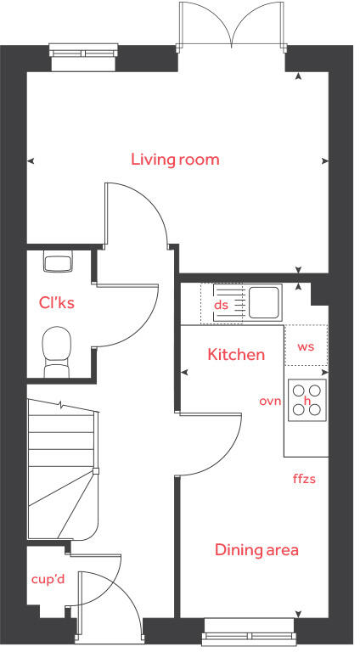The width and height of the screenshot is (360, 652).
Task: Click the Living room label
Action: (175, 159)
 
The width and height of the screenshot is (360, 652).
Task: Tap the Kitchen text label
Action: (236, 354)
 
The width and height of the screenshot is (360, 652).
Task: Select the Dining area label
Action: (256, 550)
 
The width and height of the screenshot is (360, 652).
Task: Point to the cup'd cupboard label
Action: (48, 579)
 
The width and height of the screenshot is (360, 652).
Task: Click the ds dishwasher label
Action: (221, 305)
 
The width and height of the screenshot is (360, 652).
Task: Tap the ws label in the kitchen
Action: (306, 346)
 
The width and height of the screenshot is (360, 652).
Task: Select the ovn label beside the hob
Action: (270, 401)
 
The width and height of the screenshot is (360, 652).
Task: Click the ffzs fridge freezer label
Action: (304, 479)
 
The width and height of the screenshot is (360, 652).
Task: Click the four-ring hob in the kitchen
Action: (307, 399)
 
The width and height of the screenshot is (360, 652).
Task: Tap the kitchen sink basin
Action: (264, 302)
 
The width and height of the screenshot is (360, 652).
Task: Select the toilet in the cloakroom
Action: (58, 350)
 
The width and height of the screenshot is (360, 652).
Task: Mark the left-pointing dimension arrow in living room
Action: (31, 160)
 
